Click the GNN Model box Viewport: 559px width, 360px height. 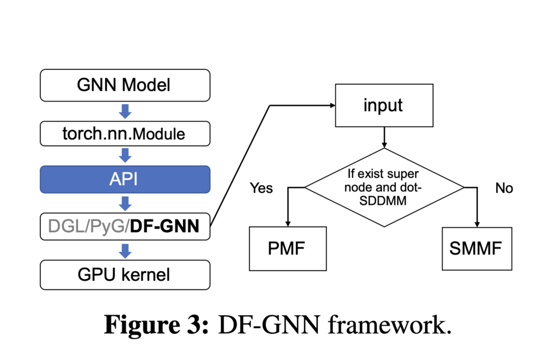125,85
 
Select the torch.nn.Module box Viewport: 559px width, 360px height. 125,134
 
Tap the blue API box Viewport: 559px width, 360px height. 125,179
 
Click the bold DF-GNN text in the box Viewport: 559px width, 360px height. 164,226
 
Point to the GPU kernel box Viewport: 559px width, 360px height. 125,275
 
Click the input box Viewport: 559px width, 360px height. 384,105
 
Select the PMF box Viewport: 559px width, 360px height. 288,249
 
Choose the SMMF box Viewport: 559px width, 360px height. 477,249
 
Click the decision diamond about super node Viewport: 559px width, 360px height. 384,187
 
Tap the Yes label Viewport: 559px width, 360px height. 261,188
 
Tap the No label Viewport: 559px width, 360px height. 504,188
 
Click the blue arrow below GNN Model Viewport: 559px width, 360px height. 125,111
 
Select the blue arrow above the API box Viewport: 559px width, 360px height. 125,156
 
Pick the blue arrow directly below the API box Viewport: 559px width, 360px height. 125,203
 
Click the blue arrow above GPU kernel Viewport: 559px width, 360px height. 125,251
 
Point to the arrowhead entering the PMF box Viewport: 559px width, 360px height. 288,224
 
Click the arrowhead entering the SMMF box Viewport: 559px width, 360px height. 477,225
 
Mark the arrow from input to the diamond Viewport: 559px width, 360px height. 384,137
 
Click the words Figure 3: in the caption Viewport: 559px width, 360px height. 156,324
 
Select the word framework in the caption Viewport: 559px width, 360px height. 390,324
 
